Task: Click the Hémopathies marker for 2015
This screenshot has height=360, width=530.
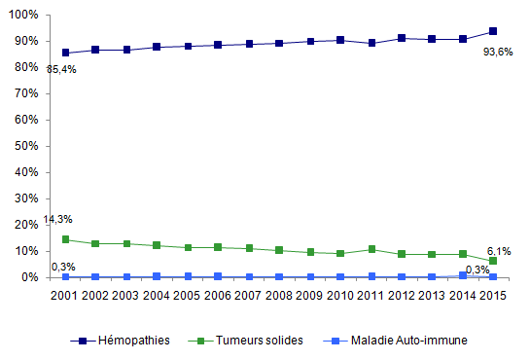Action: point(493,31)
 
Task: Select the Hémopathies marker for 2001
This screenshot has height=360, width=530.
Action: point(65,53)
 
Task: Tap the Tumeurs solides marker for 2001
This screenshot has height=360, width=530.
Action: point(65,239)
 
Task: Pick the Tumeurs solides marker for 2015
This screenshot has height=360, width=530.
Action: point(493,261)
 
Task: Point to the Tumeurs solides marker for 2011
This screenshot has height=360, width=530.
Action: point(371,249)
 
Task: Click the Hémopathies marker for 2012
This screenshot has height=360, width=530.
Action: point(402,38)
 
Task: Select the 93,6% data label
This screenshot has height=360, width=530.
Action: point(499,52)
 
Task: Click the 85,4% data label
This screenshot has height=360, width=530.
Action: point(61,69)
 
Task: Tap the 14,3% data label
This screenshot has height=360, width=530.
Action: point(57,219)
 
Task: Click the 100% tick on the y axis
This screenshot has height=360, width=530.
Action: point(26,16)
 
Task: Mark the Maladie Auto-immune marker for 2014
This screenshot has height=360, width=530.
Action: point(463,275)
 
